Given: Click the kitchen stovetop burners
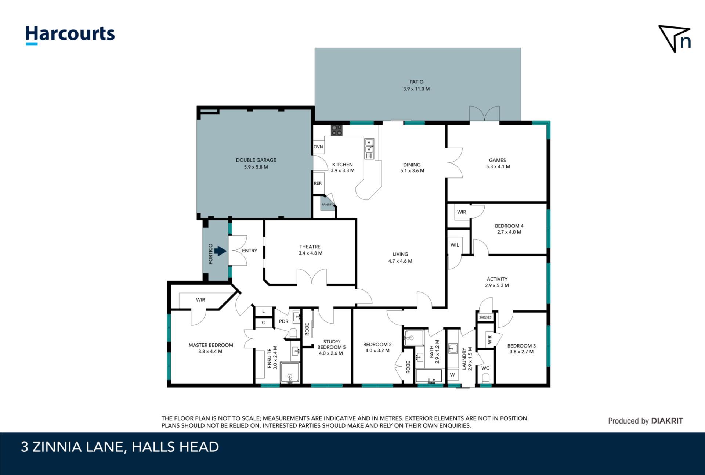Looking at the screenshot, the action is pos(337,130).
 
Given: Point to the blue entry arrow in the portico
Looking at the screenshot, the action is pos(220,251).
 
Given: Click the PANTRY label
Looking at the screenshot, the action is pos(327,205).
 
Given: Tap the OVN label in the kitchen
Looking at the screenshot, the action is pos(318,147).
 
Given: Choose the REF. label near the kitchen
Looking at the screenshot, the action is pos(318,183).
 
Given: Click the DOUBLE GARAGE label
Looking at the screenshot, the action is pos(256,160).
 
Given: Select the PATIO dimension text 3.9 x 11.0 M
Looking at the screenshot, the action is pos(416,89).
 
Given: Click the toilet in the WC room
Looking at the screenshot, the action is pos(485,378).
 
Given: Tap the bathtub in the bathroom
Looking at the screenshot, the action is pos(429,376).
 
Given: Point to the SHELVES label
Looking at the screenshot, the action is pos(485,317).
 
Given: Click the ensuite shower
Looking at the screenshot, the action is pos(290,373).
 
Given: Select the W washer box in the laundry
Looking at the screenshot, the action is pos(452,375).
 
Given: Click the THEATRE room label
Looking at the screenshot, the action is pos(310,247).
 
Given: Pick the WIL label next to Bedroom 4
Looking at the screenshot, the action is pos(455,245).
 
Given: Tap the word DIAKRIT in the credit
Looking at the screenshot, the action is pos(667,421).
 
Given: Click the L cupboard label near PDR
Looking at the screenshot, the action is pos(263,312).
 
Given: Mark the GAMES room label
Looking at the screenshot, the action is pos(498,160).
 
